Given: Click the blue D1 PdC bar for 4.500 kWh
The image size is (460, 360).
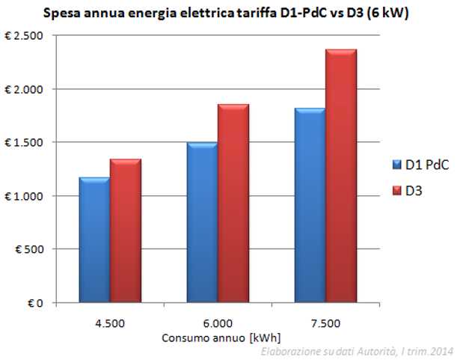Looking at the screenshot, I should click(x=94, y=240).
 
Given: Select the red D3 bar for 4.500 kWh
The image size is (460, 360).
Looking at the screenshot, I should click(x=126, y=231).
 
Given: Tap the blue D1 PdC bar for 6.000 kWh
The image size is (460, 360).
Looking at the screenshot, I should click(x=202, y=222).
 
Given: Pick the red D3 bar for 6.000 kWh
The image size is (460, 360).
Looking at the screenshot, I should click(x=233, y=203).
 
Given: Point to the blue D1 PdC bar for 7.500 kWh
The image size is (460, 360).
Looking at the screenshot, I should click(x=310, y=205).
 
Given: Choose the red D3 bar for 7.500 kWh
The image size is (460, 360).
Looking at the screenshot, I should click(x=341, y=176).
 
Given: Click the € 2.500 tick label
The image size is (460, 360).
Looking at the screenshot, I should click(x=44, y=36).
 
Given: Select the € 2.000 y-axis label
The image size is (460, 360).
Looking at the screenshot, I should click(x=44, y=89).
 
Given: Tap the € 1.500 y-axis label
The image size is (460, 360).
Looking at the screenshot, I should click(x=44, y=142).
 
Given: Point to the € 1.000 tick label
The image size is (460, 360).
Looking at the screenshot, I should click(x=44, y=196).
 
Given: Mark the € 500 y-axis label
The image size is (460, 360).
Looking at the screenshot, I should click(x=50, y=249).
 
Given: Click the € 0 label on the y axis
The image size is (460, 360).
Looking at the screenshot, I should click(x=55, y=303).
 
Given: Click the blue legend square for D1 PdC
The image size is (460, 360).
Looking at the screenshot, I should click(x=397, y=165).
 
